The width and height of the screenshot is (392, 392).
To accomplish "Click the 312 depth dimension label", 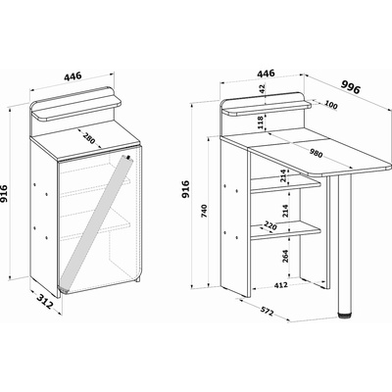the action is [44, 302].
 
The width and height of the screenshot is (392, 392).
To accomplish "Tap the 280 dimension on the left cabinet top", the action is [88, 138].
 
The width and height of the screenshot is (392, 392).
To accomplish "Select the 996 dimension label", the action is [351, 87].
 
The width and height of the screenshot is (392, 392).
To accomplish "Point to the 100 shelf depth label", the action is [331, 106].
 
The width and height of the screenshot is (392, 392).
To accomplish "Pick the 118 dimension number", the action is [261, 122].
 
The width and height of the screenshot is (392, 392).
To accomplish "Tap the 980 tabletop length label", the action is [316, 153].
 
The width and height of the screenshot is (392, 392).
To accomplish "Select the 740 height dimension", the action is [205, 212].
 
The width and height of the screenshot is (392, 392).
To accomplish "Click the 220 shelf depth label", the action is [270, 225].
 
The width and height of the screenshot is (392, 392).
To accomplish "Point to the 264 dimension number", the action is [284, 257].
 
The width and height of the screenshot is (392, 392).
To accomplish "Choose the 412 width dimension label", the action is [280, 285].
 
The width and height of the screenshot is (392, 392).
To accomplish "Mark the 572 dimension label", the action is [267, 312].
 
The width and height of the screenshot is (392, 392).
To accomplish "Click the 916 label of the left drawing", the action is [4, 194].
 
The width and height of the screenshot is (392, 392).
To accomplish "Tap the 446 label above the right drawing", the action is [266, 73].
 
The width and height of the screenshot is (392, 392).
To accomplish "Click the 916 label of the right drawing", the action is [185, 189].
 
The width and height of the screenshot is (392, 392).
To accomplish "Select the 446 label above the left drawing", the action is [73, 76].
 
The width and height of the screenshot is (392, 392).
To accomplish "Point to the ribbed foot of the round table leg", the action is [345, 316].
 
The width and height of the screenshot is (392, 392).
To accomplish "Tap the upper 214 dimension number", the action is [283, 175].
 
